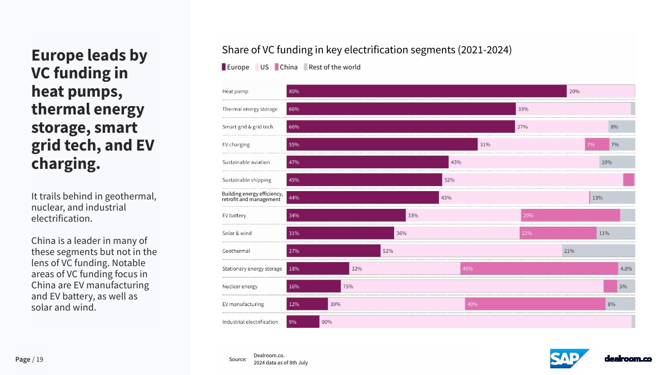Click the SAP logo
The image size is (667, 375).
click(x=570, y=358)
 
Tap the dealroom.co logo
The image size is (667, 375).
click(x=628, y=359)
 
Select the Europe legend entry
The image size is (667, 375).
click(x=236, y=67)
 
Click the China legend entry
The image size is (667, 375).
click(x=286, y=67)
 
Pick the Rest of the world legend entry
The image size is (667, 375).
click(x=332, y=67)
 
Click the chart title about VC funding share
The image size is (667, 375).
click(x=366, y=49)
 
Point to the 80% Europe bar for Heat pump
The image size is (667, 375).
click(x=426, y=91)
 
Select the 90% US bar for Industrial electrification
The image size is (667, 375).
click(x=475, y=322)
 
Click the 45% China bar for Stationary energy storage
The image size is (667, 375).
click(x=539, y=269)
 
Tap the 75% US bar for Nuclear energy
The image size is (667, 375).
click(x=471, y=286)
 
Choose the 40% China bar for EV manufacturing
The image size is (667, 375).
click(x=535, y=304)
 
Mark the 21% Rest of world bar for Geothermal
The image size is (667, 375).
click(x=598, y=251)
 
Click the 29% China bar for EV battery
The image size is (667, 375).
click(x=570, y=215)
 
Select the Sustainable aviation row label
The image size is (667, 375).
click(x=246, y=162)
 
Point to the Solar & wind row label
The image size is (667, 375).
click(x=237, y=233)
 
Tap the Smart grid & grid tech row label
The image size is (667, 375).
click(x=248, y=127)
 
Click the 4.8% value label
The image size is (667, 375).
click(x=626, y=269)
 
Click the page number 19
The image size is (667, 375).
click(x=39, y=359)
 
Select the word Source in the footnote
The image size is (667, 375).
click(x=237, y=359)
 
